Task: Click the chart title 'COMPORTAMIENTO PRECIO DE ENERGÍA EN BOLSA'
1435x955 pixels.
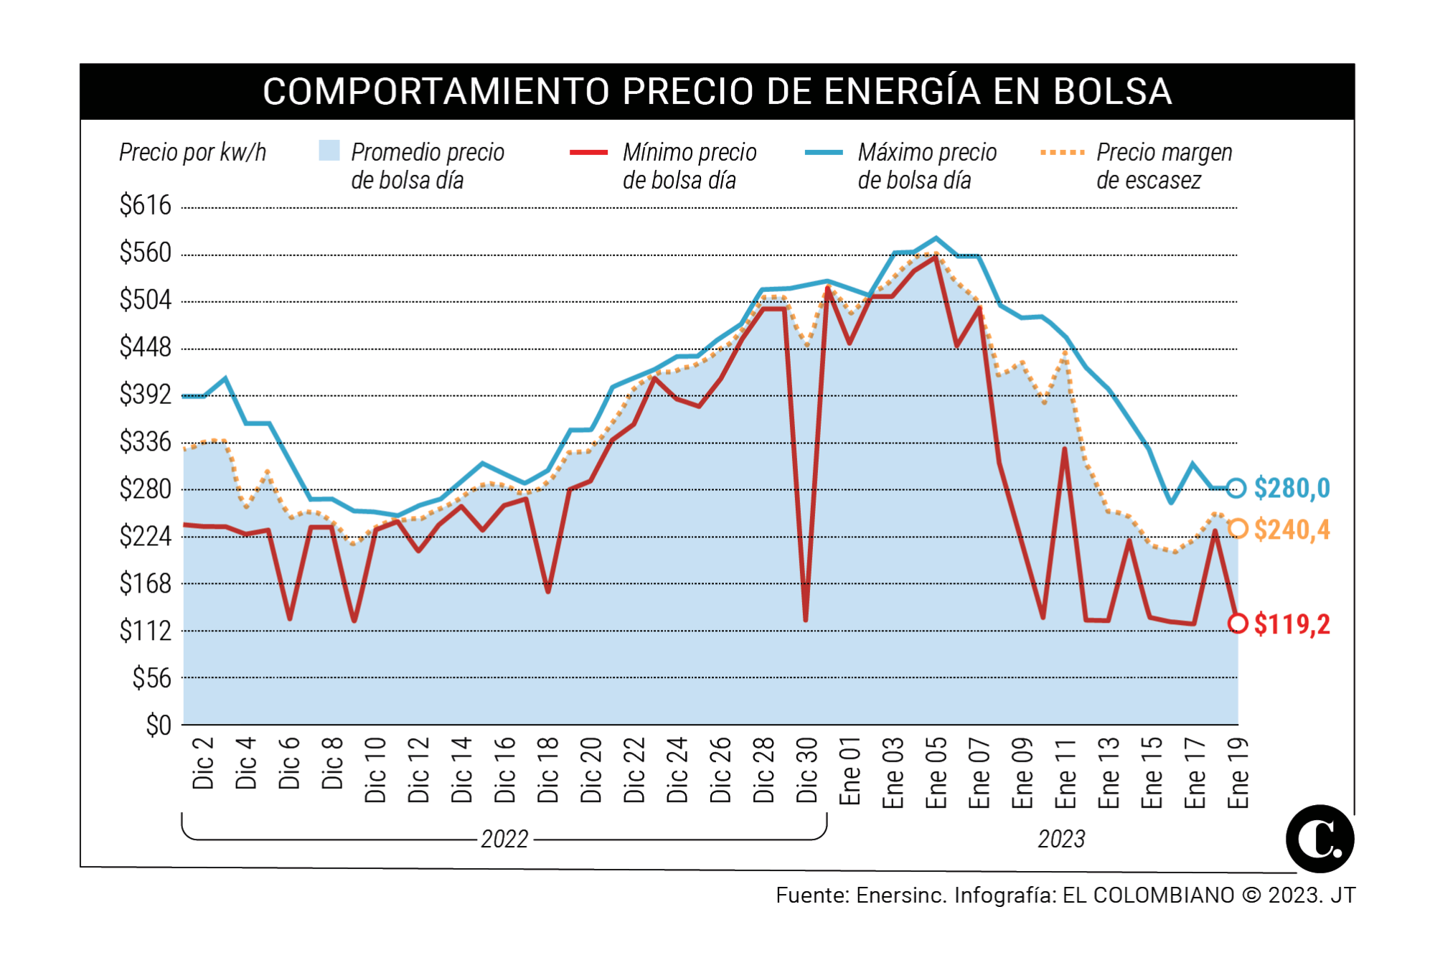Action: pos(717,91)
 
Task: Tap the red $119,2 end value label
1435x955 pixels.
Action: pos(1291,624)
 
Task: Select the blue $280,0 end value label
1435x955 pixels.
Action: pos(1291,489)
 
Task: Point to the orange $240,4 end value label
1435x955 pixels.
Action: pos(1291,530)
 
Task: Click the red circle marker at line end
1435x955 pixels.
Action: pos(1238,623)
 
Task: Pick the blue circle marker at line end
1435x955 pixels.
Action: pos(1236,488)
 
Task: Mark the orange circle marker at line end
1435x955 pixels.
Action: pos(1238,529)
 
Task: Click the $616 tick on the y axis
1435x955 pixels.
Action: pos(146,206)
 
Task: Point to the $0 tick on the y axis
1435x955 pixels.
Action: pos(159,725)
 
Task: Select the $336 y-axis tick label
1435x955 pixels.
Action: pos(146,442)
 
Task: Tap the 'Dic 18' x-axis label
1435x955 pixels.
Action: pos(548,769)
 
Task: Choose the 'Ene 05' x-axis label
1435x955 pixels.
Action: pos(936,772)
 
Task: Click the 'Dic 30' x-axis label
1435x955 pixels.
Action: pos(807,769)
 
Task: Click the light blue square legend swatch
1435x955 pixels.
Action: pos(329,151)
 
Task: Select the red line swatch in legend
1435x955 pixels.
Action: pos(588,152)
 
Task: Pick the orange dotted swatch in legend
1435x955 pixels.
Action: pos(1062,152)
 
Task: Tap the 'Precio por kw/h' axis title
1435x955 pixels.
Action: pos(192,152)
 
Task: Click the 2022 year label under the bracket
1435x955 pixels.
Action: pos(504,839)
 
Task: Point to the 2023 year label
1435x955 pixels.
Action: pos(1061,839)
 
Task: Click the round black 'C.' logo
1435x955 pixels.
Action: pos(1319,839)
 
